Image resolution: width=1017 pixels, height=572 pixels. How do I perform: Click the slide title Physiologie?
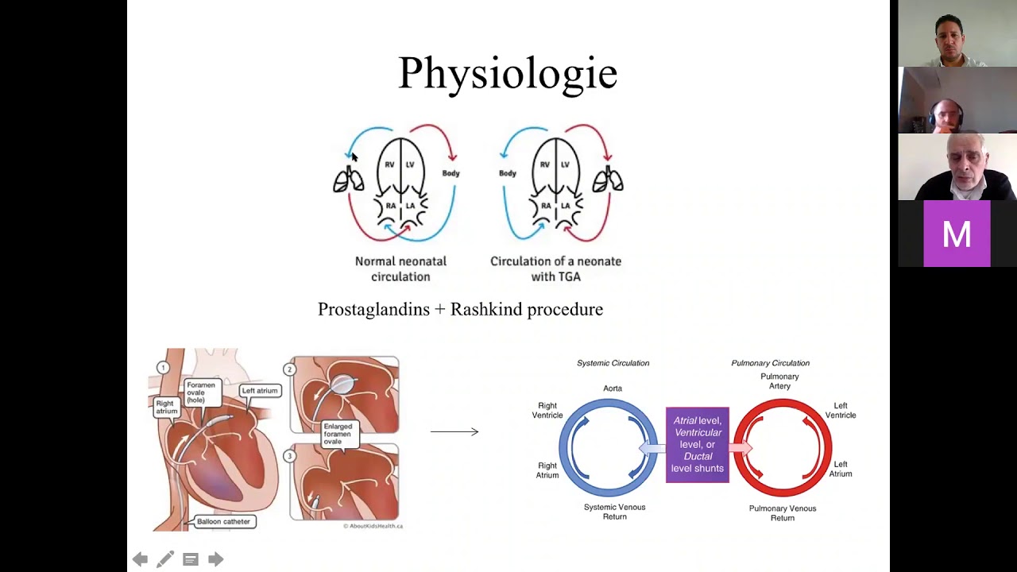(507, 73)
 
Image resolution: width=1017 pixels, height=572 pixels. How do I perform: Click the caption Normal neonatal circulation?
(400, 269)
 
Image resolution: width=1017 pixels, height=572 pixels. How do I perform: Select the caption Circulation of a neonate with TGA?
(555, 269)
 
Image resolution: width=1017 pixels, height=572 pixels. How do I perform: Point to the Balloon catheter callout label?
(223, 521)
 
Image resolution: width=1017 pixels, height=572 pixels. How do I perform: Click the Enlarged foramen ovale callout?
(338, 433)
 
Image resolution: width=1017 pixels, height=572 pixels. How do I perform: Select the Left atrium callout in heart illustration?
(260, 390)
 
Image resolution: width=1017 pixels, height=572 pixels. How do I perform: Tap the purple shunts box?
(697, 444)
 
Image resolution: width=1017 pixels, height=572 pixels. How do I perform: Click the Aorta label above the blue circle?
(612, 388)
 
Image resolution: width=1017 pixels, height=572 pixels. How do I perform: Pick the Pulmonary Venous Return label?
(782, 512)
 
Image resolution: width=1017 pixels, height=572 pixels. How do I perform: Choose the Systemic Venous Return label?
(614, 512)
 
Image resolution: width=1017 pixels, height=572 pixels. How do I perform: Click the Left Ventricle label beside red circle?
(840, 411)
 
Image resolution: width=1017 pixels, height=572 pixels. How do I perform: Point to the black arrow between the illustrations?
(454, 431)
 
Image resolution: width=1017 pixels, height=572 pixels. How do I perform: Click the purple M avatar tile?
(957, 234)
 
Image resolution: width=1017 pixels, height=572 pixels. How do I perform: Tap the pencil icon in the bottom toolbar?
(165, 559)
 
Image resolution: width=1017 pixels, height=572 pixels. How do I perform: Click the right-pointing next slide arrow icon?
(215, 559)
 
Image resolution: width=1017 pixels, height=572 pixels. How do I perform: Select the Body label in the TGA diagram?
(508, 173)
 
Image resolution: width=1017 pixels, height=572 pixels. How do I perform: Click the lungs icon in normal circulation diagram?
(348, 181)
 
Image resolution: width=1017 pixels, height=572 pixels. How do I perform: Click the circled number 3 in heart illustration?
(289, 456)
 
